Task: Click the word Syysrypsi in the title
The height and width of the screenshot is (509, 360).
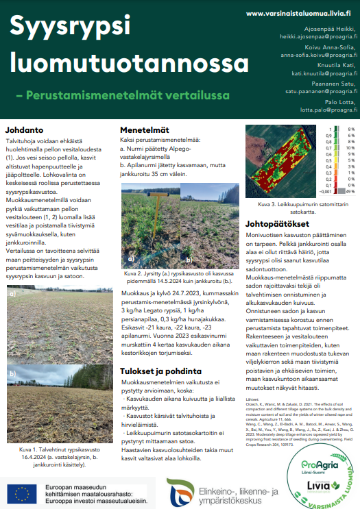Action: pos(70,27)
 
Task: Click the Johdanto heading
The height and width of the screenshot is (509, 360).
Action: pos(27,129)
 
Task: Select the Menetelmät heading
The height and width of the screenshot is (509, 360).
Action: pos(145,129)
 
